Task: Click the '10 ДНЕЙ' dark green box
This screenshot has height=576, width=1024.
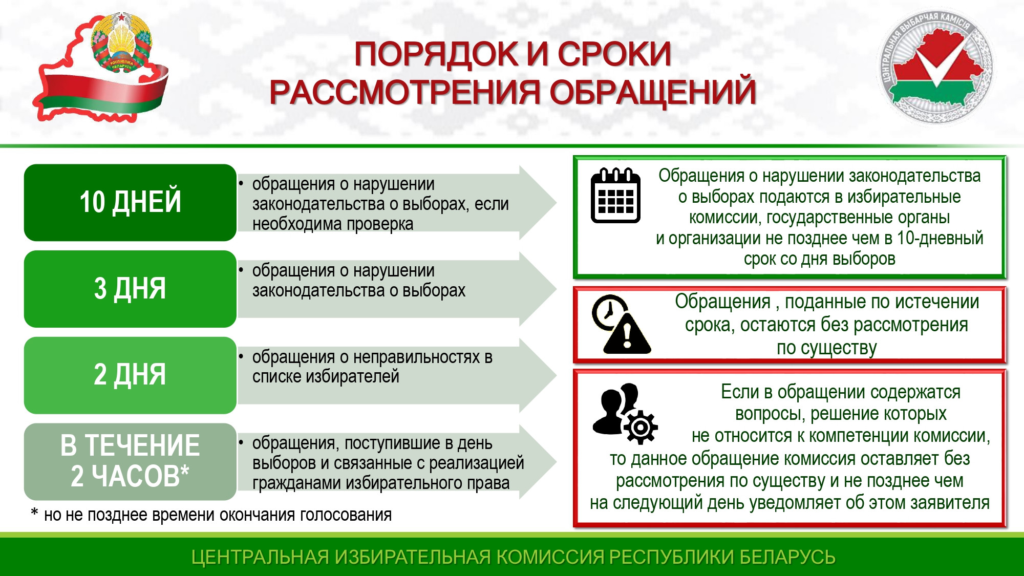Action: pyautogui.click(x=130, y=202)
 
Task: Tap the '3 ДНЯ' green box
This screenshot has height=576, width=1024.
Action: pyautogui.click(x=130, y=289)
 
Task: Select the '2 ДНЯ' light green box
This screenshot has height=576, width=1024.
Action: pyautogui.click(x=130, y=375)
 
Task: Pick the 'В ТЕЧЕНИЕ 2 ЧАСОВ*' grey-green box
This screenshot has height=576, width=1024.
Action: pyautogui.click(x=130, y=461)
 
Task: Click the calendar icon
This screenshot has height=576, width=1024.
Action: pyautogui.click(x=615, y=196)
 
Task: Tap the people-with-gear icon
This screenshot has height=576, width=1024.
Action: pyautogui.click(x=625, y=413)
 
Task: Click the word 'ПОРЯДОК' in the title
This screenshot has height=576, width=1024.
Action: pyautogui.click(x=437, y=54)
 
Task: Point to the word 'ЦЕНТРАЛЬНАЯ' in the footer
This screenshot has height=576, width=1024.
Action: pyautogui.click(x=260, y=557)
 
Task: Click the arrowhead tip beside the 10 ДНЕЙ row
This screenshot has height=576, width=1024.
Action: pyautogui.click(x=556, y=202)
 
